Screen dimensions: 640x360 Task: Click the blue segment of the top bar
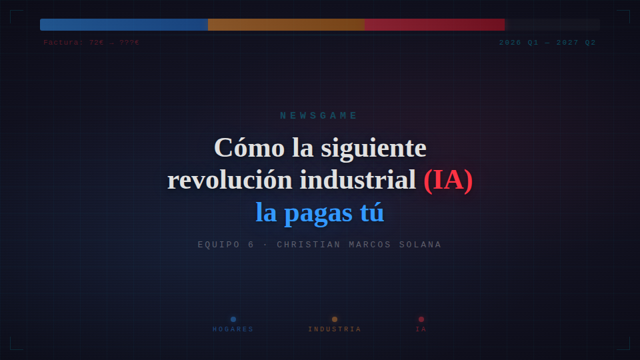124,25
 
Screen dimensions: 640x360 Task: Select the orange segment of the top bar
286,25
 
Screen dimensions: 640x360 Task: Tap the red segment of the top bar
435,25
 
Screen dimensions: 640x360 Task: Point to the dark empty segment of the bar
552,25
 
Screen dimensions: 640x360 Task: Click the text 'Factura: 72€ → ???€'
91,43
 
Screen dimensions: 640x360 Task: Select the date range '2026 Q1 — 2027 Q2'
547,43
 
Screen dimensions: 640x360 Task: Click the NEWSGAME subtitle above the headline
319,115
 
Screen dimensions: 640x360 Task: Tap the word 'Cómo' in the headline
249,147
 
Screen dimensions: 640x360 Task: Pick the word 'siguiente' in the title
373,148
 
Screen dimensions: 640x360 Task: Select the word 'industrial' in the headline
357,179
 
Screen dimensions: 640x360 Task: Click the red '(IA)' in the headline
448,180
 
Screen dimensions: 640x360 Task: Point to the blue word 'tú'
372,212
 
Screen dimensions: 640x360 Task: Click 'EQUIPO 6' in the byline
226,245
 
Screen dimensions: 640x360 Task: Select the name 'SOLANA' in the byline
420,245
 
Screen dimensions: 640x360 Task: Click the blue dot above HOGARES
233,319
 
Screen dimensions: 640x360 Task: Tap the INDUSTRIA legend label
335,329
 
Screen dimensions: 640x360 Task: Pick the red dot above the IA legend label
421,319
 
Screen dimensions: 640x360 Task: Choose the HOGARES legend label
233,329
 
